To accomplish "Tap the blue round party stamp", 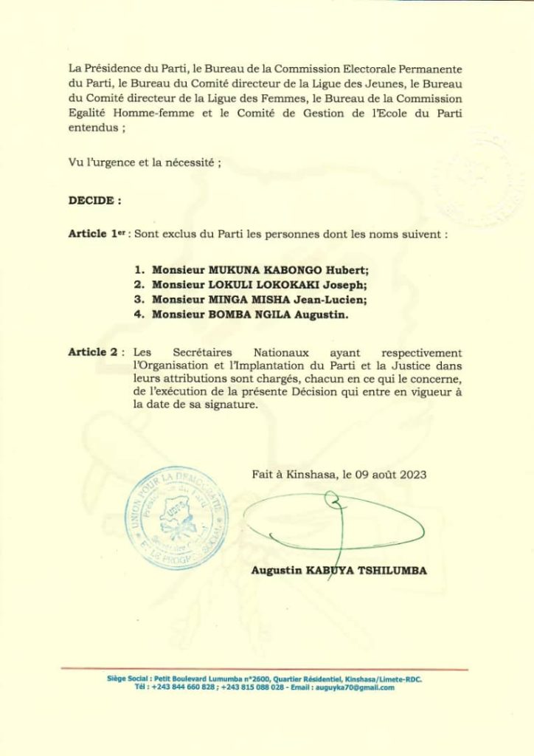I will [x=177, y=518].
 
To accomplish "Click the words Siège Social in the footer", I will [x=125, y=678].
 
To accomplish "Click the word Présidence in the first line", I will [x=108, y=69].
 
